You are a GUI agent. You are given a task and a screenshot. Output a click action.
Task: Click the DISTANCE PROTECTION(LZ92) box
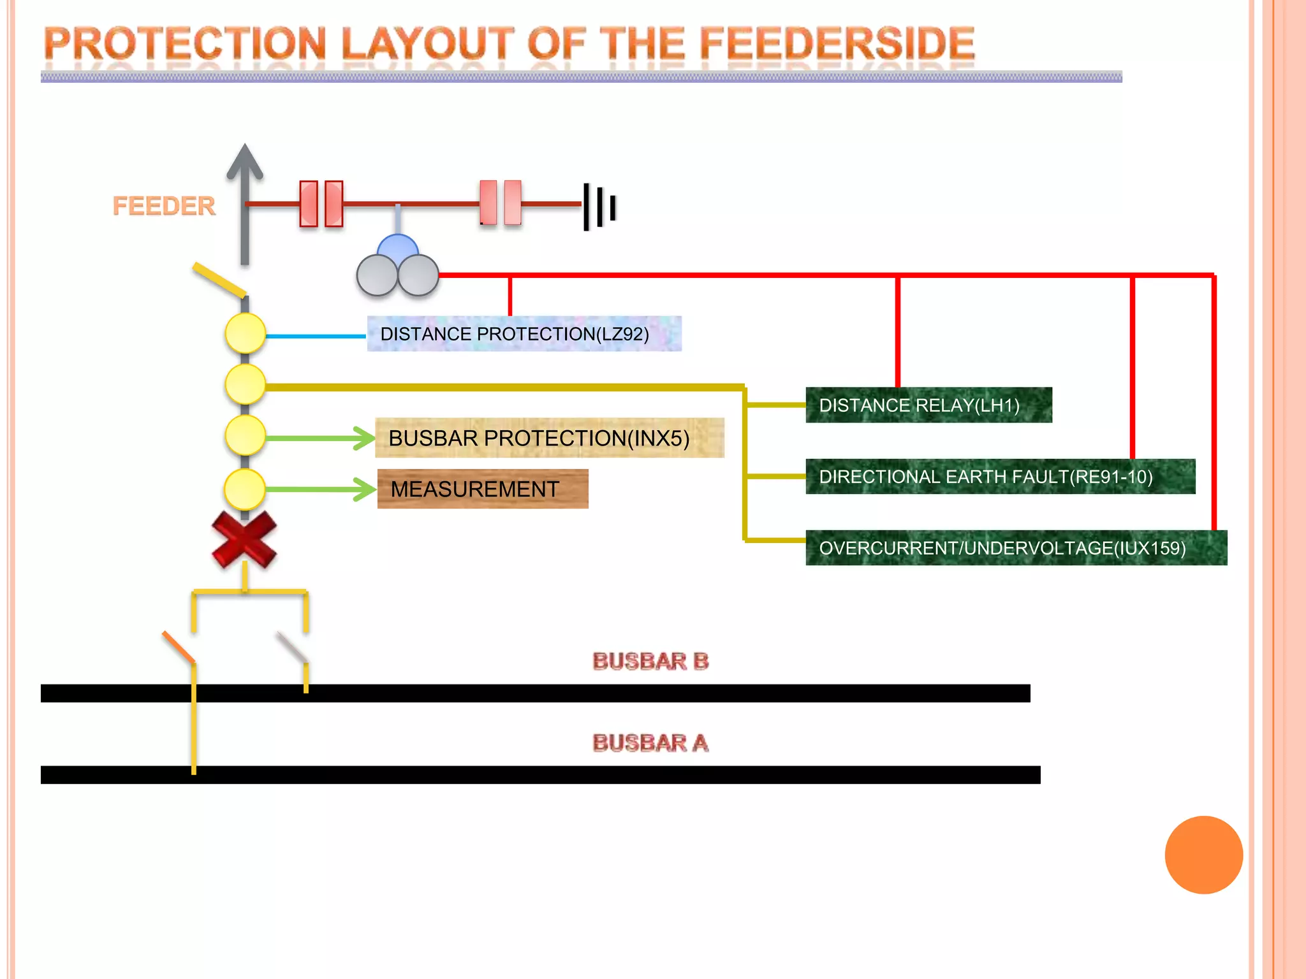click(x=524, y=333)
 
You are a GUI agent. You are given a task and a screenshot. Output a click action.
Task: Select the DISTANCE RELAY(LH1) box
click(x=928, y=405)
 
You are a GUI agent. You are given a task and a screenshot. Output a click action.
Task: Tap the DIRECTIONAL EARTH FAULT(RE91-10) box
click(x=1000, y=476)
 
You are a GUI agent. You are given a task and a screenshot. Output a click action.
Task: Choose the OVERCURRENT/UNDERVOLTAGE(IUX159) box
click(x=1015, y=548)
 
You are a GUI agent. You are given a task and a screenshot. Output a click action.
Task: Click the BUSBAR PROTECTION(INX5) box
click(x=549, y=438)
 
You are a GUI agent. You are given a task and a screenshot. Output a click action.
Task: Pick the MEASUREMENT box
click(x=482, y=489)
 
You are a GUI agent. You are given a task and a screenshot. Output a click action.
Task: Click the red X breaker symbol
click(x=244, y=539)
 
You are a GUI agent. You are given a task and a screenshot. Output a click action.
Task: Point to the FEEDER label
click(x=164, y=206)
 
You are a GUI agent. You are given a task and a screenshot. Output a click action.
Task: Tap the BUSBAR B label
click(x=650, y=661)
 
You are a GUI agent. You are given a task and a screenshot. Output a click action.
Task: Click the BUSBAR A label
click(x=650, y=743)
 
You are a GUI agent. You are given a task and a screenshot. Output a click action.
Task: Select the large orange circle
click(x=1203, y=855)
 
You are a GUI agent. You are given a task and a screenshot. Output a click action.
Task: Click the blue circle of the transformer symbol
click(x=398, y=247)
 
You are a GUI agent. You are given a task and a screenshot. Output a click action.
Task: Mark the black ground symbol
click(x=599, y=206)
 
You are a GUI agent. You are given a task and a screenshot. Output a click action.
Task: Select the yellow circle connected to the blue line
click(x=246, y=333)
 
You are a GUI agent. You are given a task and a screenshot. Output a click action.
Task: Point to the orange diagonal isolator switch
click(x=179, y=647)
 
